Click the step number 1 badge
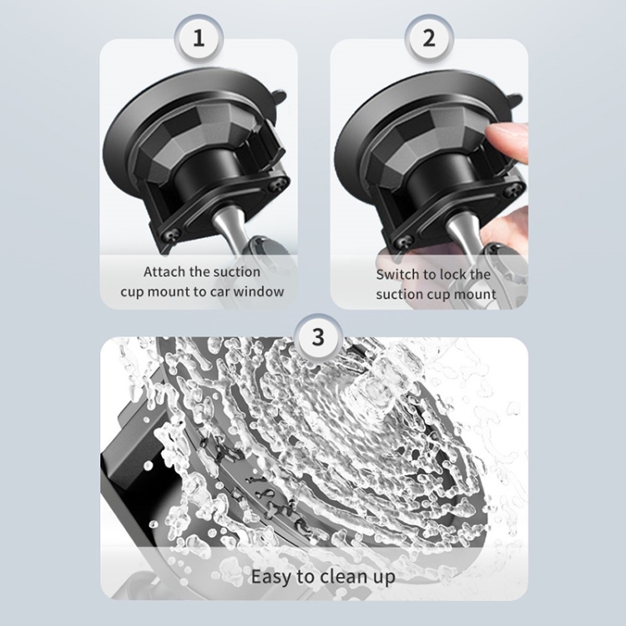click(x=199, y=38)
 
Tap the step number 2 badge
click(x=429, y=38)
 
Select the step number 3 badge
click(x=318, y=336)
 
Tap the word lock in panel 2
click(x=452, y=275)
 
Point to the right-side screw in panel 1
click(x=280, y=184)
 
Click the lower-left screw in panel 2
click(x=405, y=241)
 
